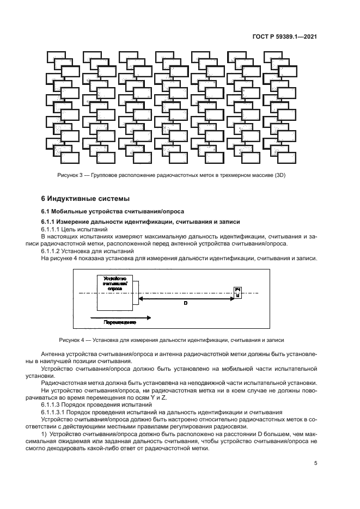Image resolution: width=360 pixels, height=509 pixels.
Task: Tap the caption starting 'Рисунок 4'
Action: point(172,340)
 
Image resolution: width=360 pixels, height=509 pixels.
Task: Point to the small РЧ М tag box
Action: point(237,292)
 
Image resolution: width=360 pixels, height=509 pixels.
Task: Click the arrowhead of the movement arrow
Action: point(150,315)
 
